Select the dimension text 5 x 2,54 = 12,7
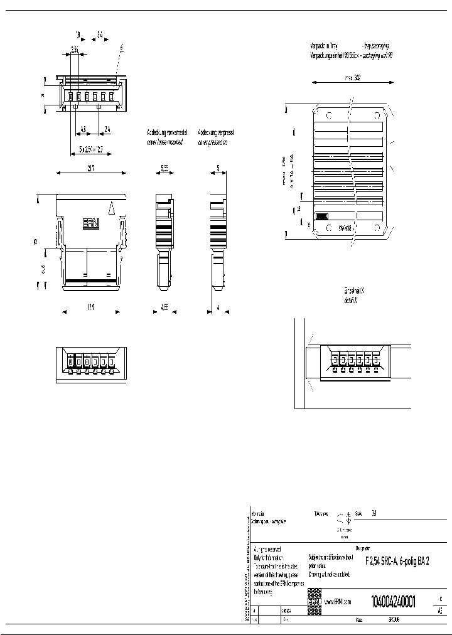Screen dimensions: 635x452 click(x=91, y=149)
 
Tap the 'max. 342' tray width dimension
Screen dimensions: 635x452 click(x=352, y=79)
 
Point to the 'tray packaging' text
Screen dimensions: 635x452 click(x=375, y=46)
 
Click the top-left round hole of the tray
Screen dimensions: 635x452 click(x=328, y=116)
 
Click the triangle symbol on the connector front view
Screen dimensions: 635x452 click(x=112, y=206)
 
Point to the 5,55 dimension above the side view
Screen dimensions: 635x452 click(x=164, y=169)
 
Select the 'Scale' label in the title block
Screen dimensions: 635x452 click(x=359, y=512)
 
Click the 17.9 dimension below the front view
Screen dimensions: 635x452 click(x=92, y=308)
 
